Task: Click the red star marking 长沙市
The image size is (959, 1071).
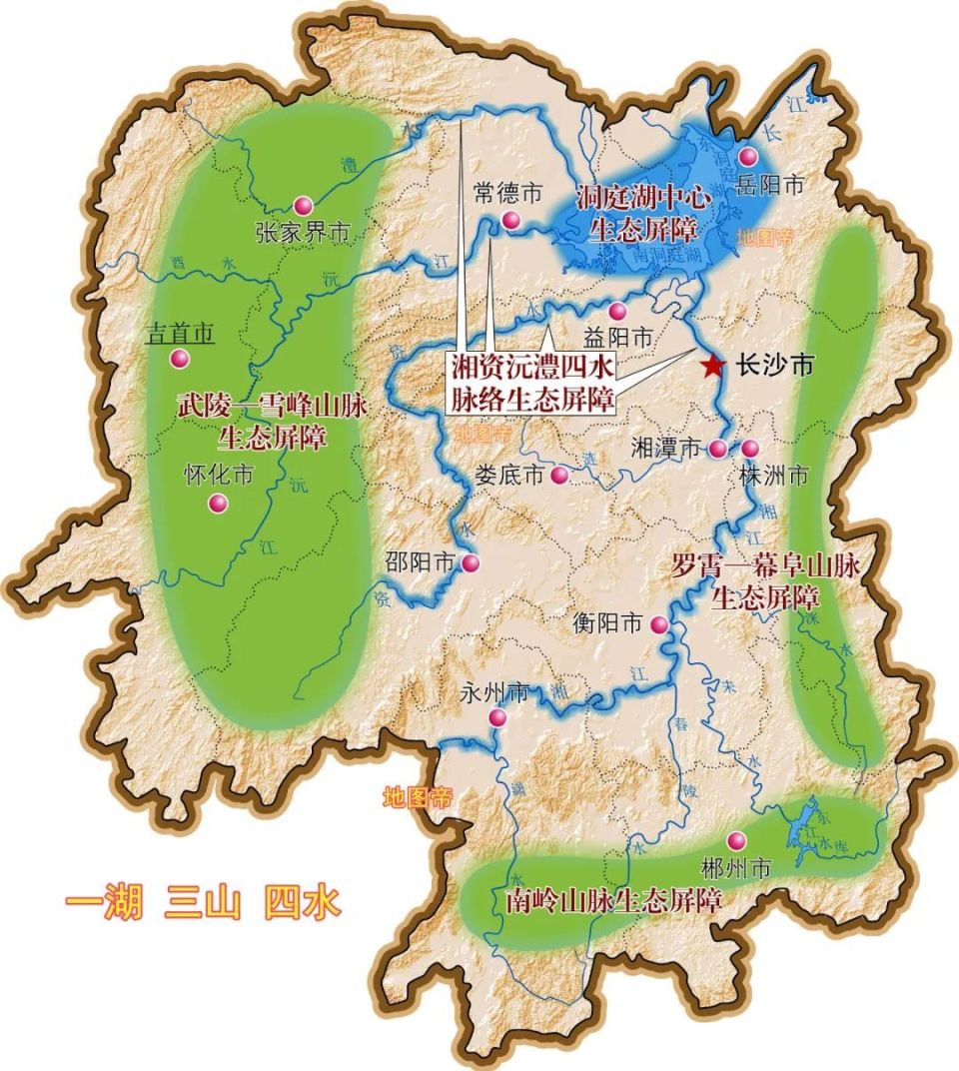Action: click(712, 366)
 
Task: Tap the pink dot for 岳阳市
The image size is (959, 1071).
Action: click(748, 157)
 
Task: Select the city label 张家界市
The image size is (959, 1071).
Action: click(302, 233)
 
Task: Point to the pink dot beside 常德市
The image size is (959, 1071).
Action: click(511, 221)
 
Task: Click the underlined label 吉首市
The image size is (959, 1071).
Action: click(180, 334)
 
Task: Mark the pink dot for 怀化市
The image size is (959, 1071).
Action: click(217, 504)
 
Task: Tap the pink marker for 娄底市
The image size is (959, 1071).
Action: click(559, 476)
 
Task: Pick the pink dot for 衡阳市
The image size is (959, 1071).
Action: click(659, 625)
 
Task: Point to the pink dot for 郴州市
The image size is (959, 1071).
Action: click(736, 839)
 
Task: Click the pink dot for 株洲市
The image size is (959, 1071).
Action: click(749, 449)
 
